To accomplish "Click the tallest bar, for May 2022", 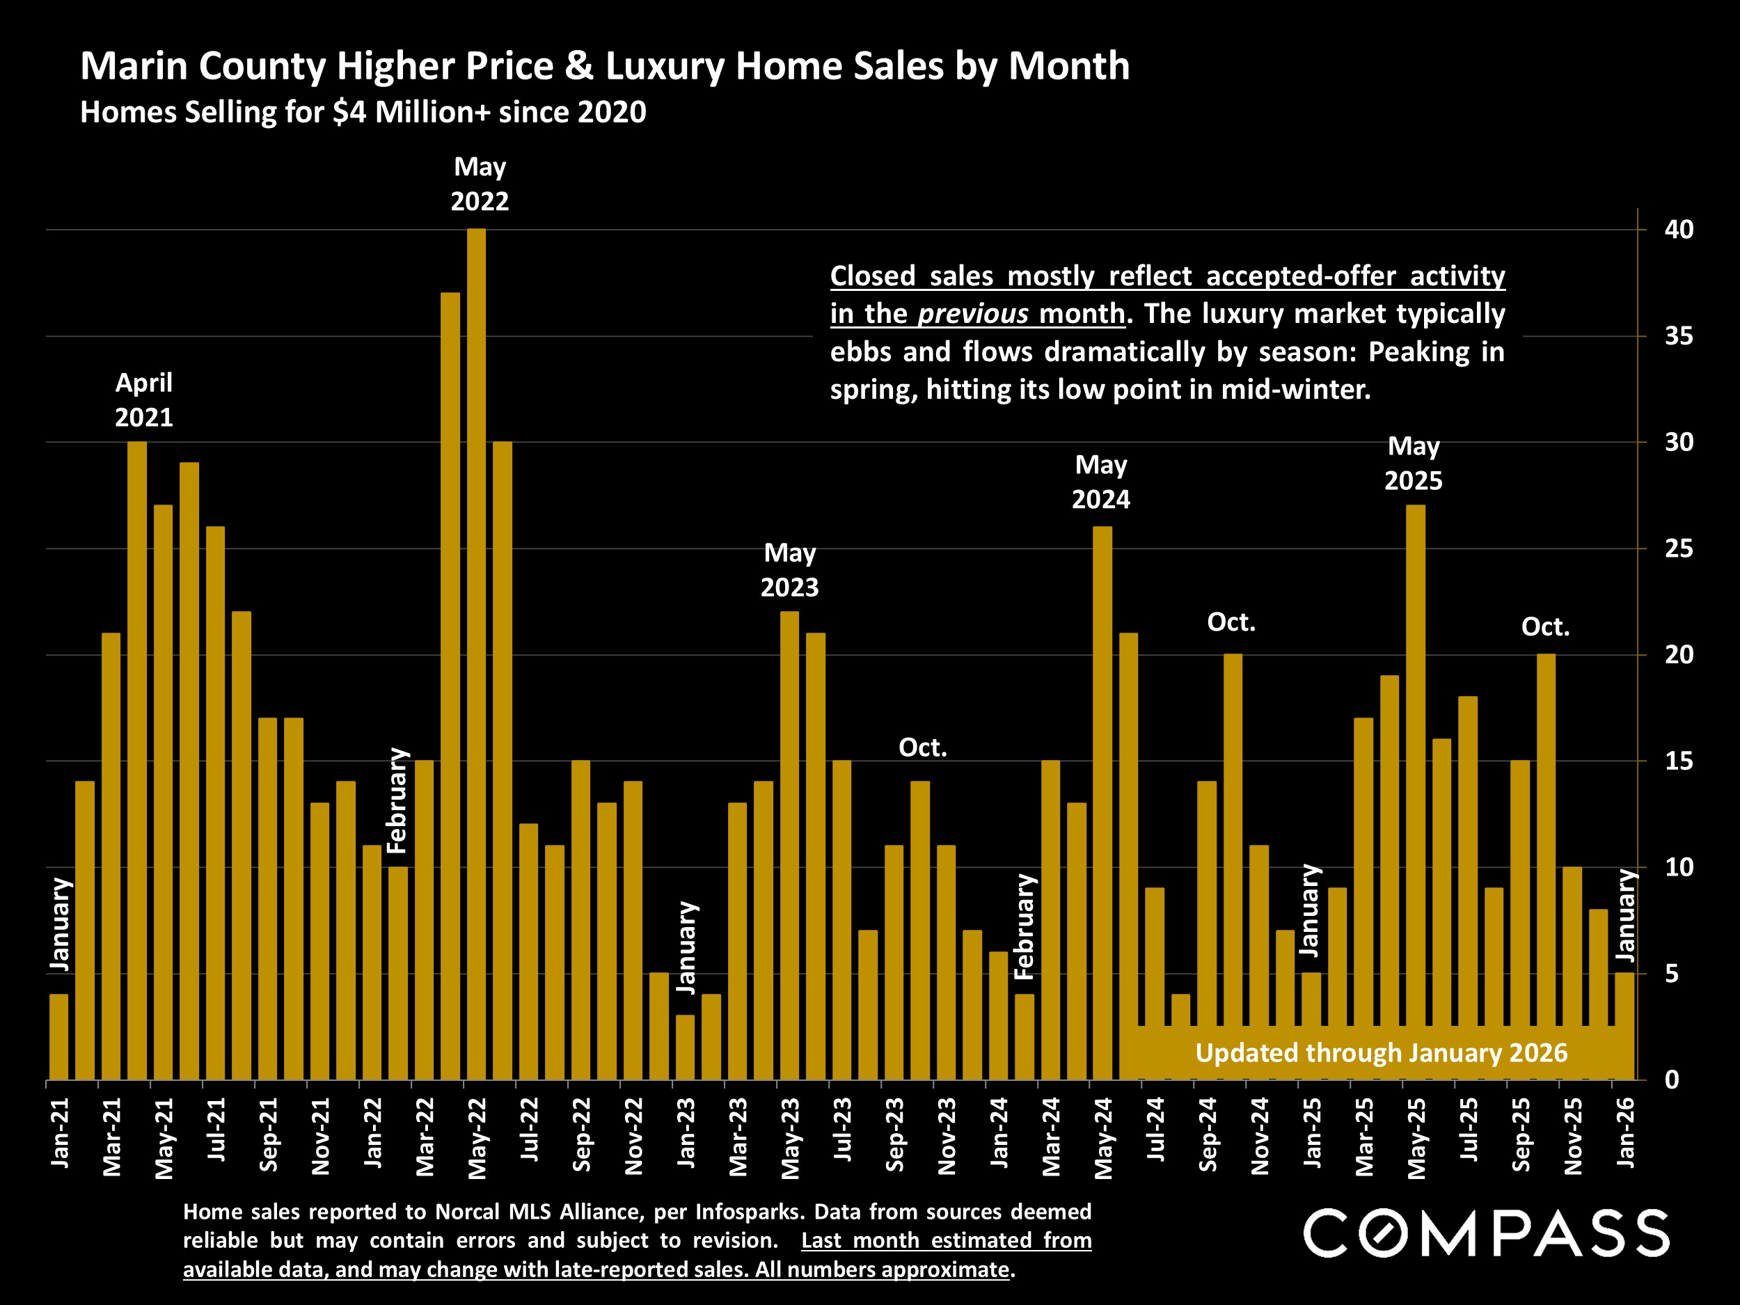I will point(476,653).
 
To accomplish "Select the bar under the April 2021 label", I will point(137,759).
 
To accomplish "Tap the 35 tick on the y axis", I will point(1678,337).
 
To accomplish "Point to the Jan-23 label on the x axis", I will point(686,1132).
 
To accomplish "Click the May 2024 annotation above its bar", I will point(1100,482).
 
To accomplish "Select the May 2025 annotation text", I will point(1413,464).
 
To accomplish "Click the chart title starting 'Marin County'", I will point(604,65).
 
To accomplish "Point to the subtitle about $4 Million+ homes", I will point(363,111).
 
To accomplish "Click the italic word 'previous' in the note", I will point(972,314).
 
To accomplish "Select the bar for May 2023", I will point(789,846).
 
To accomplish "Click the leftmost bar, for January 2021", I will point(59,1037).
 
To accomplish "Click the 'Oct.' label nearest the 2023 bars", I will point(922,748).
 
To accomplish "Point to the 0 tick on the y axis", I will point(1672,1080).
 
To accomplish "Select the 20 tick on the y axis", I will point(1678,654).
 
